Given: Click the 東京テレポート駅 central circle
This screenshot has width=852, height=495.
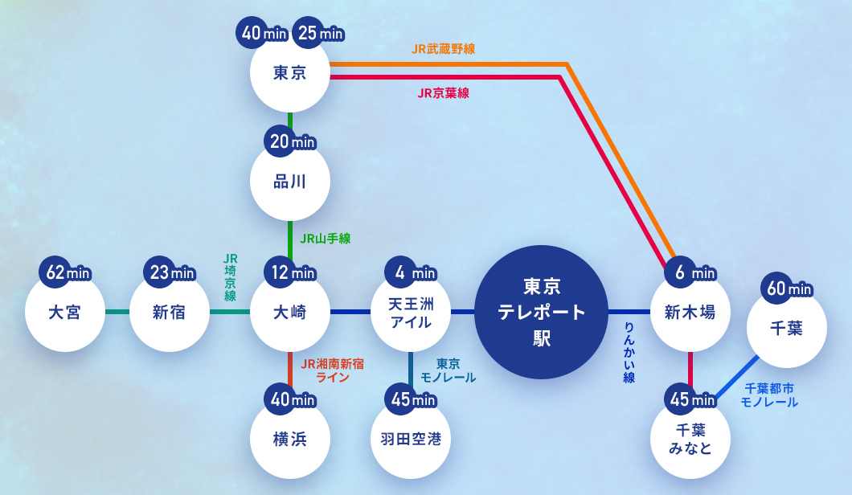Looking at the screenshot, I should pyautogui.click(x=541, y=312).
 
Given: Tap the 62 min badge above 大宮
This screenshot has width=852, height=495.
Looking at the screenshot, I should pyautogui.click(x=66, y=272).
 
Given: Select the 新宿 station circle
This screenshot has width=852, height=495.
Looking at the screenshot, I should pyautogui.click(x=169, y=312).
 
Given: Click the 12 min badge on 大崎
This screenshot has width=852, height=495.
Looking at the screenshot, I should pyautogui.click(x=291, y=272).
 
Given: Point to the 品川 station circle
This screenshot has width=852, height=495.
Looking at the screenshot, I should pyautogui.click(x=290, y=182).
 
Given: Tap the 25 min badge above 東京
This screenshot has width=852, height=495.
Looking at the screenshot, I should pyautogui.click(x=319, y=33).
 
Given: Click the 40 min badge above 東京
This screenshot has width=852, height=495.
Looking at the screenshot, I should pyautogui.click(x=263, y=33).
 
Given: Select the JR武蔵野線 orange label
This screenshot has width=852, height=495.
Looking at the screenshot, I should pyautogui.click(x=443, y=49).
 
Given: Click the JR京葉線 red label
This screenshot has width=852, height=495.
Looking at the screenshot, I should pyautogui.click(x=443, y=93).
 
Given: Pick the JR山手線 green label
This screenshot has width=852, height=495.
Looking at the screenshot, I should pyautogui.click(x=325, y=239).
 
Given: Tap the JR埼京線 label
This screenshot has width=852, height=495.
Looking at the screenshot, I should pyautogui.click(x=231, y=277).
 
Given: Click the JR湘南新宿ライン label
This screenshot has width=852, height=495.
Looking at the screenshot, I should pyautogui.click(x=332, y=370).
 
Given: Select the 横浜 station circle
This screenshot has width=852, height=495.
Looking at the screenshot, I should pyautogui.click(x=290, y=439).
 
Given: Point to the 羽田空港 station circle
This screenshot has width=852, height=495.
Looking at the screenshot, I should pyautogui.click(x=411, y=439).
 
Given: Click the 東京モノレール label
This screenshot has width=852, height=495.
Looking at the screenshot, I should pyautogui.click(x=448, y=370).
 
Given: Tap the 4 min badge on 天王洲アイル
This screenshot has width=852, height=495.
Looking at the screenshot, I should pyautogui.click(x=412, y=272).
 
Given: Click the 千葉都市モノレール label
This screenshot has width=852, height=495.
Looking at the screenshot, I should pyautogui.click(x=769, y=395).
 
